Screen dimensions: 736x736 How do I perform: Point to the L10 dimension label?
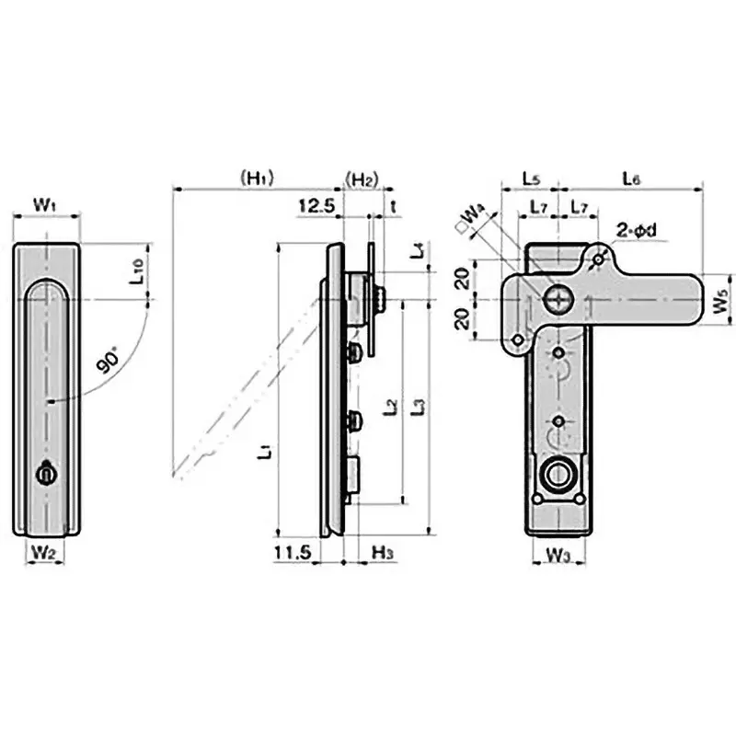click(135, 271)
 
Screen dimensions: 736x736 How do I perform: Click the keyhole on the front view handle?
click(43, 474)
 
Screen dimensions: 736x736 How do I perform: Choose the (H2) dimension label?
click(361, 177)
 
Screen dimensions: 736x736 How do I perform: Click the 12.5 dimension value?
click(315, 206)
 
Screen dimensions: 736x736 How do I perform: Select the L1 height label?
click(264, 451)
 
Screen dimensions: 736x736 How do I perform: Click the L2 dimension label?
click(390, 405)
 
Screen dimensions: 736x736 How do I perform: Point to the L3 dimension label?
click(419, 405)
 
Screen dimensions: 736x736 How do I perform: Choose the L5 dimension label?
click(531, 177)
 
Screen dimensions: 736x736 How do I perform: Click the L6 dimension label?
click(632, 177)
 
